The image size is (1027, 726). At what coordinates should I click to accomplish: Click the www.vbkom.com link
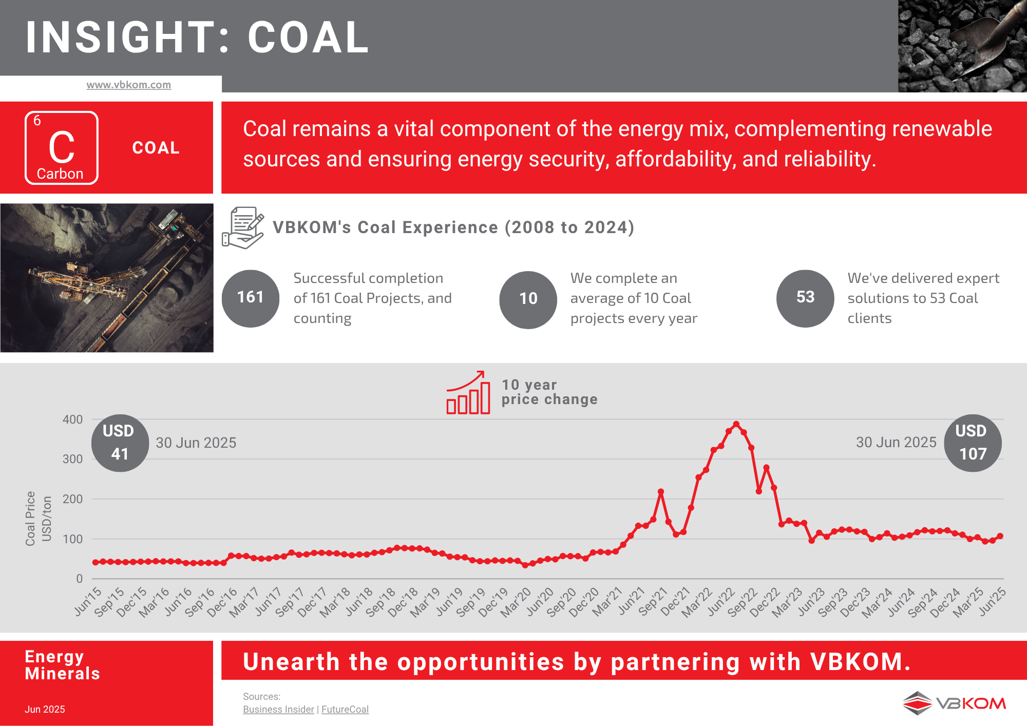(128, 85)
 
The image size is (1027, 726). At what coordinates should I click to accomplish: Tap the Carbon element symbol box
(62, 148)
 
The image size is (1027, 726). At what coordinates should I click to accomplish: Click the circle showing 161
(251, 298)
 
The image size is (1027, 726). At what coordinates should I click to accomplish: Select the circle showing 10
(528, 299)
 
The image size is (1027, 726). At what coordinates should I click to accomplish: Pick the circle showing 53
(805, 298)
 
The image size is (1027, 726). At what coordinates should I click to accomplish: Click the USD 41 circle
(120, 443)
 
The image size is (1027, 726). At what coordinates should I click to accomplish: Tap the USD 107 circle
(973, 443)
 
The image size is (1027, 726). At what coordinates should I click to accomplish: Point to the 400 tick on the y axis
(72, 419)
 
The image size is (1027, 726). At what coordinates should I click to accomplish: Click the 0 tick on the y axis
(79, 579)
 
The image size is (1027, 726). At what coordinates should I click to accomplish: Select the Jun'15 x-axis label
(88, 601)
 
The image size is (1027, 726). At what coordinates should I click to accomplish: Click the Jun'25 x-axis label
(992, 601)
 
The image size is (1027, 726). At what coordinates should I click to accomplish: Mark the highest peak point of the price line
(736, 424)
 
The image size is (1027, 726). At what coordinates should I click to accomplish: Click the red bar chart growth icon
(468, 392)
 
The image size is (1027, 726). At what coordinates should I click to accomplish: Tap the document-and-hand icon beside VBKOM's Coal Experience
(243, 227)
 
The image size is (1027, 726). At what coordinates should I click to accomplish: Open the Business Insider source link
(278, 709)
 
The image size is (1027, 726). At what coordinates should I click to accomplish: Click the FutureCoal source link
(345, 709)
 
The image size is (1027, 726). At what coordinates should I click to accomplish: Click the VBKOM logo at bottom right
(954, 703)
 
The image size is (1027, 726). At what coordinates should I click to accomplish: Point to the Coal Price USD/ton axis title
(39, 519)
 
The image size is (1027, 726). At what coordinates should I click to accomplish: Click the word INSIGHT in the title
(121, 37)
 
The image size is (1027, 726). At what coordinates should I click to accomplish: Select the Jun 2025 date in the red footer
(45, 709)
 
